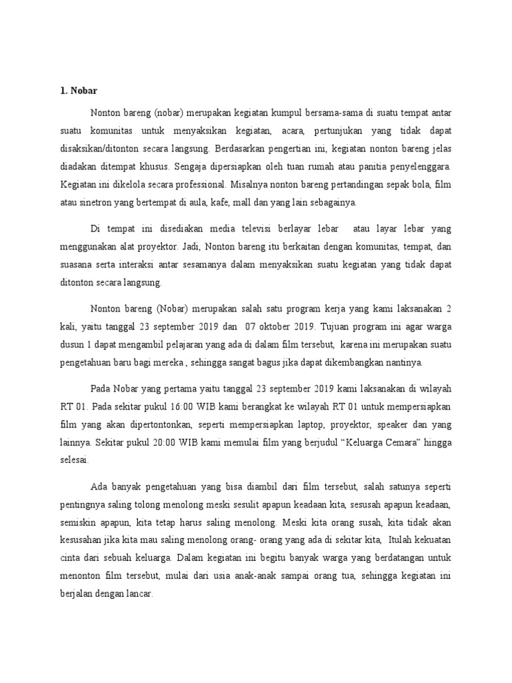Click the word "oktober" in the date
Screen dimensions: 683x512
277,327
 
